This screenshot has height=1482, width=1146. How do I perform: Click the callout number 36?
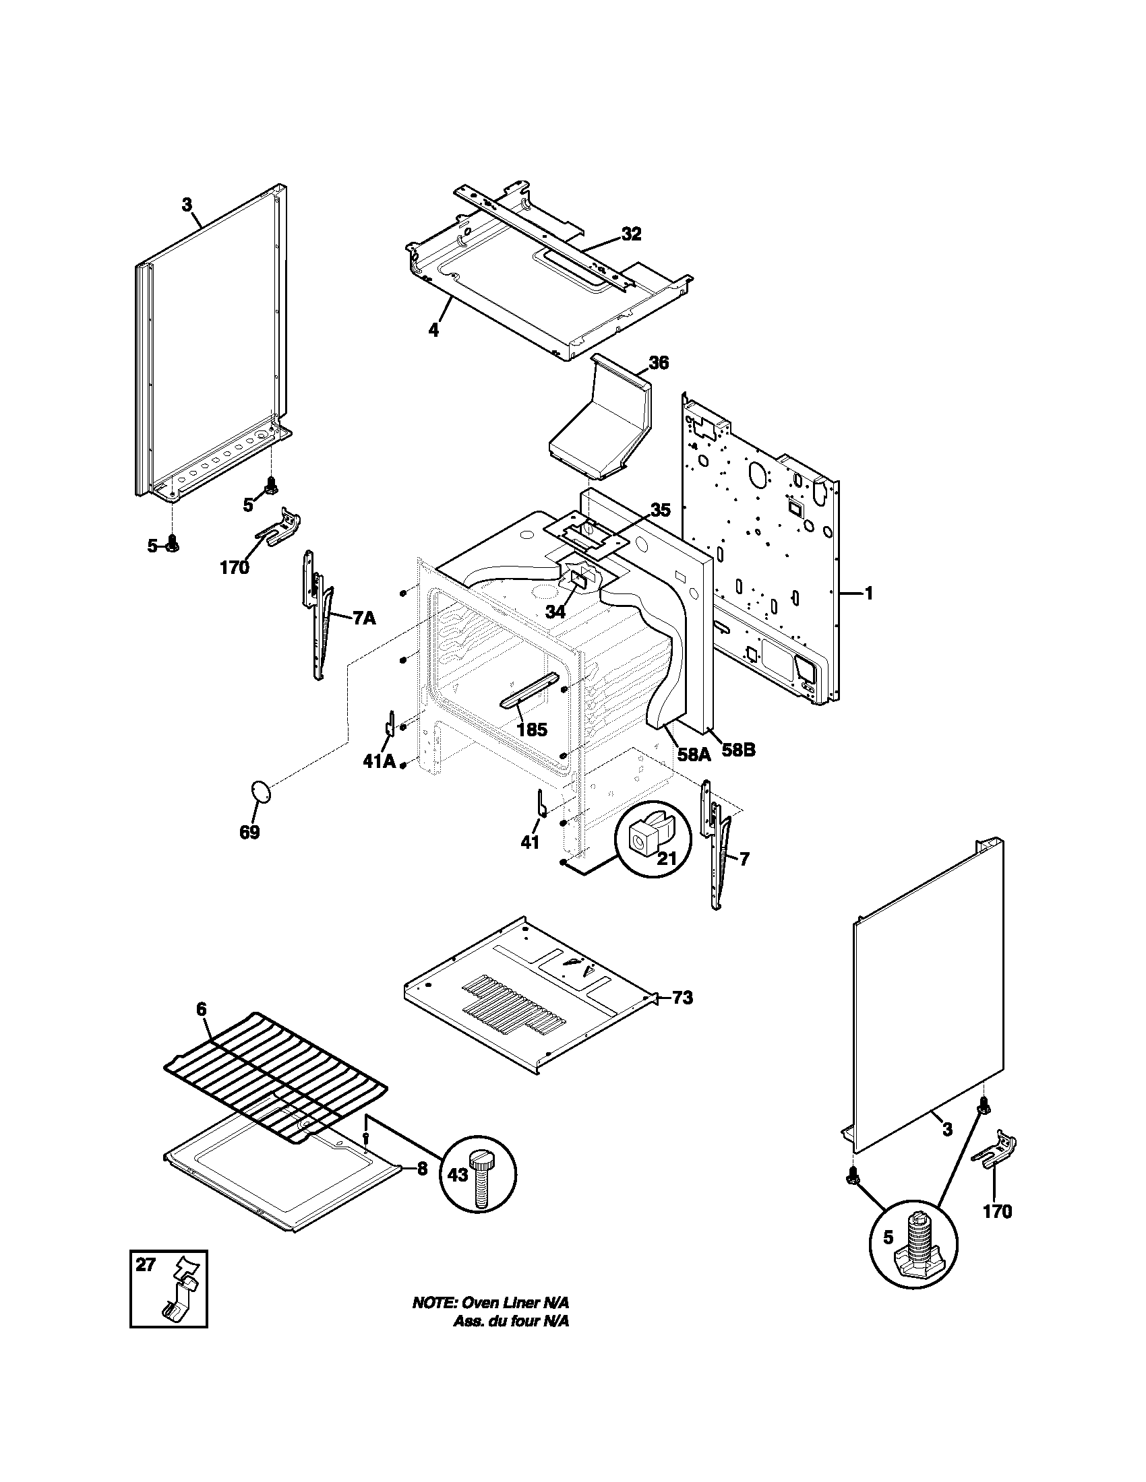click(658, 363)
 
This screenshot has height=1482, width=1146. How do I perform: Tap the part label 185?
click(532, 730)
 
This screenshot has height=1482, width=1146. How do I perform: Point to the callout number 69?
click(250, 832)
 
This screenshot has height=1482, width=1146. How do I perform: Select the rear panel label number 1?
click(868, 593)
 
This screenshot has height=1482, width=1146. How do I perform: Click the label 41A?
click(378, 761)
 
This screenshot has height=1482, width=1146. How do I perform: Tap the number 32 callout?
click(631, 234)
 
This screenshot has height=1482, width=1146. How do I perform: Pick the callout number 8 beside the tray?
click(421, 1169)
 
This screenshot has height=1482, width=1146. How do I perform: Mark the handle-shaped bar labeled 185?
click(529, 690)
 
